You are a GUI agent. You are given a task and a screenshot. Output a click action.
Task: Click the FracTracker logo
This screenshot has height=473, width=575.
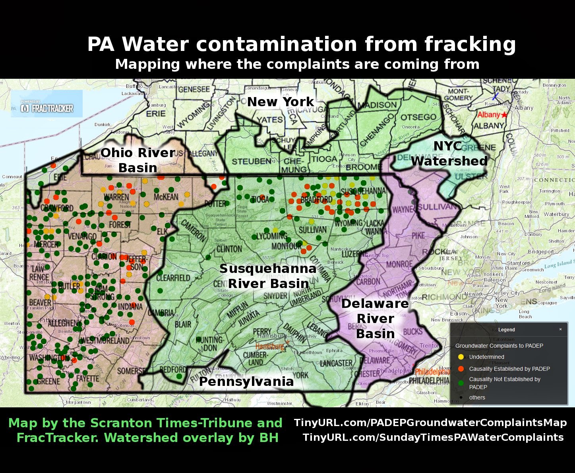pos(47,108)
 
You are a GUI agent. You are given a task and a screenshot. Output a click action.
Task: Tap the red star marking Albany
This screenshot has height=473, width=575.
pos(505,115)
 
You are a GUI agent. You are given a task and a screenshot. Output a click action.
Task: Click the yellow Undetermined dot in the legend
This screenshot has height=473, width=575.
pos(461,357)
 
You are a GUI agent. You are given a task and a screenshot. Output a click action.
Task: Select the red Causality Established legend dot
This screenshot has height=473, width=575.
pos(461,369)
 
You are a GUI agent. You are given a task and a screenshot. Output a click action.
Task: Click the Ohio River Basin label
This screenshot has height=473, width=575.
pos(137,160)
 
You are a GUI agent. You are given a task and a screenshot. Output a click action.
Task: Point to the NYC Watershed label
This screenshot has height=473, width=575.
pos(449,154)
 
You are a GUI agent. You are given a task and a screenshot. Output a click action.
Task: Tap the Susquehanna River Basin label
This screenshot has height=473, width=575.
pos(268,276)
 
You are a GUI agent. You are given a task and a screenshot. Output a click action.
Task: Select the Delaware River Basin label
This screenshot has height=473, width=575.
pos(375,318)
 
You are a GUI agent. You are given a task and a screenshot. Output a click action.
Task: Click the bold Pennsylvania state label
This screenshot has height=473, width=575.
pos(246,382)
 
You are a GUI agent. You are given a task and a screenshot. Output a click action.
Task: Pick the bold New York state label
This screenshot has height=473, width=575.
pos(281,102)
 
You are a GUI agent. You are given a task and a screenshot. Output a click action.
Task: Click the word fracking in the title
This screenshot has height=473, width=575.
pos(470,44)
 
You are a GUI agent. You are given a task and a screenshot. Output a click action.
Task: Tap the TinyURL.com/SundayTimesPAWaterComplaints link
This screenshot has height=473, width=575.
pos(433,437)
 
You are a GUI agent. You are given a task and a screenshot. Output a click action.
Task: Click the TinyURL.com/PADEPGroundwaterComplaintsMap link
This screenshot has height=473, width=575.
pos(430,422)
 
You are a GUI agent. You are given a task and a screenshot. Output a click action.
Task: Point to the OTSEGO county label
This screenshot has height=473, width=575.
pos(418,117)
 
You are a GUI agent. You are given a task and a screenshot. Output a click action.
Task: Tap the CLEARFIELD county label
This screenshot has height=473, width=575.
pos(174,277)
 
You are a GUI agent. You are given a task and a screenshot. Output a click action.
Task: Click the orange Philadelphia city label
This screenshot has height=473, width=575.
pos(432,372)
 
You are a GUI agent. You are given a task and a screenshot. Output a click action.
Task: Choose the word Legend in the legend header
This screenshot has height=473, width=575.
pos(507,330)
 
